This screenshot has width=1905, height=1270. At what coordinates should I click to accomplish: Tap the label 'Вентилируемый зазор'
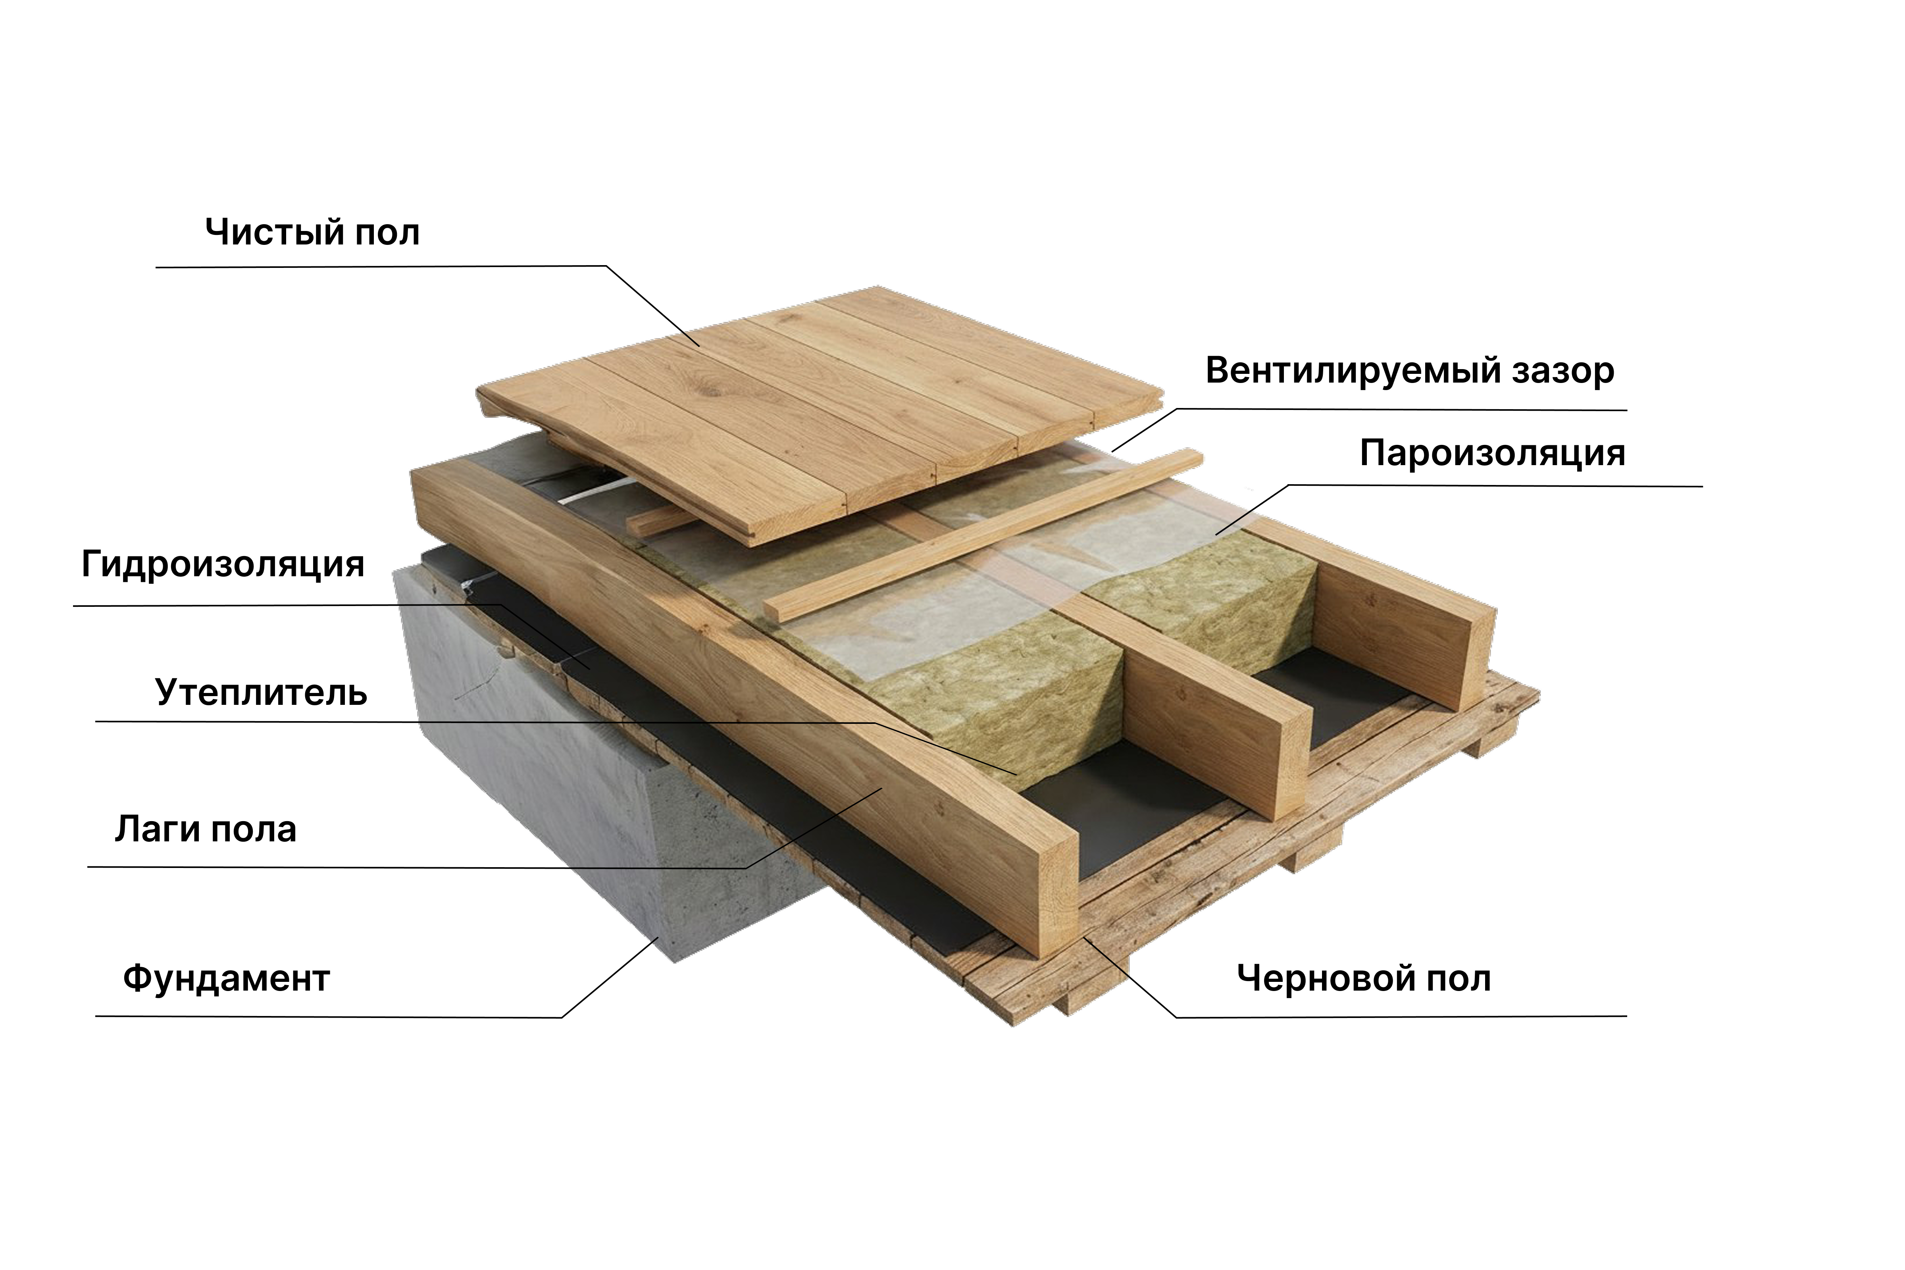tap(1409, 371)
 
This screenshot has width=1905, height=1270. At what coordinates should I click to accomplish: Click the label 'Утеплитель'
tap(261, 693)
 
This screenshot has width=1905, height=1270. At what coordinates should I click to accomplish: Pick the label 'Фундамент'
tap(226, 978)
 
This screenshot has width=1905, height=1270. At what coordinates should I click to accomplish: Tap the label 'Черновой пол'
tap(1363, 978)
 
